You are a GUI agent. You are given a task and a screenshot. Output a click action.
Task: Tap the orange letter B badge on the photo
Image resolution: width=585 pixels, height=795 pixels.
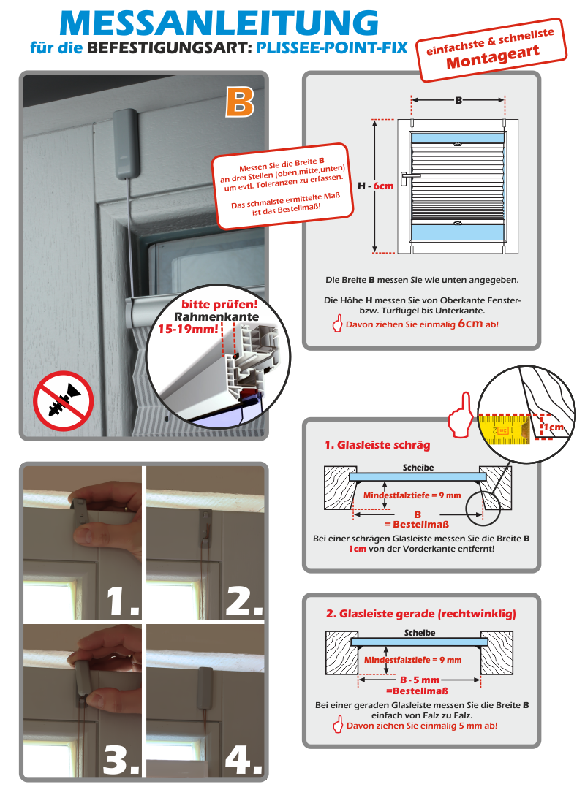pyautogui.click(x=239, y=103)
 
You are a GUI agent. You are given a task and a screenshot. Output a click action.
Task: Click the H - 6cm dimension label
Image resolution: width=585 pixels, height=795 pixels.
pyautogui.click(x=375, y=186)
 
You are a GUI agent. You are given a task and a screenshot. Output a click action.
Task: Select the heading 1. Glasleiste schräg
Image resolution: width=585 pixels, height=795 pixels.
pyautogui.click(x=377, y=444)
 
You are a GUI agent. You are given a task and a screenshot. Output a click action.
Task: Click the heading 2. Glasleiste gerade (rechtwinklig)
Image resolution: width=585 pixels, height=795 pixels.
pyautogui.click(x=420, y=614)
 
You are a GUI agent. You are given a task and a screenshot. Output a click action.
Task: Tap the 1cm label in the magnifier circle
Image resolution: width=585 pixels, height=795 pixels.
pyautogui.click(x=554, y=427)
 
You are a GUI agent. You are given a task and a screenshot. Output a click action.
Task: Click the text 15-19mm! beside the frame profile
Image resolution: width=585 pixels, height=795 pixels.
pyautogui.click(x=187, y=330)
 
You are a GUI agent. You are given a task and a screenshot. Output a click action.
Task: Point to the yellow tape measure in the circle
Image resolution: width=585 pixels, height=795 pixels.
pyautogui.click(x=505, y=430)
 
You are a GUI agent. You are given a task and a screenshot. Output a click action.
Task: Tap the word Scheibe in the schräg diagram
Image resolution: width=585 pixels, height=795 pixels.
pyautogui.click(x=418, y=468)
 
